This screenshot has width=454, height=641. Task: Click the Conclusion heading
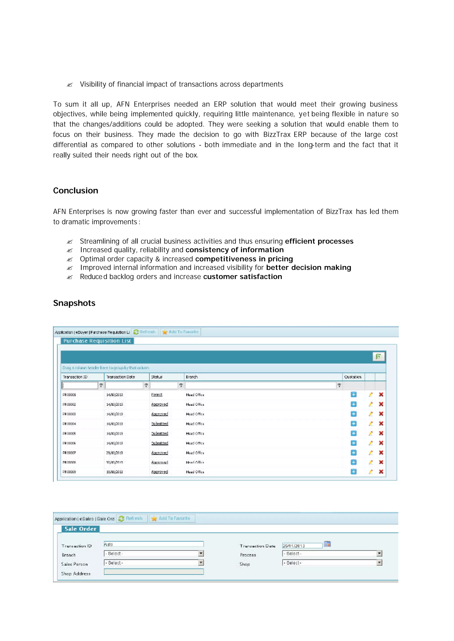click(x=75, y=191)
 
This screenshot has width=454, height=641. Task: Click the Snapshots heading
click(x=74, y=303)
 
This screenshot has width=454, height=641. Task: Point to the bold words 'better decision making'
click(x=308, y=267)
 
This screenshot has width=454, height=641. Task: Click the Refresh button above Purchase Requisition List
click(x=145, y=332)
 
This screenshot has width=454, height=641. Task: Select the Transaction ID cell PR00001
click(x=69, y=395)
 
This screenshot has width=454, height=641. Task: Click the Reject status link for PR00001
click(x=157, y=395)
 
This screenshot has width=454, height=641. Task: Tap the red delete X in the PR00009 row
click(x=381, y=472)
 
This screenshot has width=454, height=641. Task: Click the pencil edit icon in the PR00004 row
click(x=371, y=424)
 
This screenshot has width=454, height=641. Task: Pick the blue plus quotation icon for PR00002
click(x=353, y=404)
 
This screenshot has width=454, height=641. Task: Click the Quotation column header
click(x=352, y=377)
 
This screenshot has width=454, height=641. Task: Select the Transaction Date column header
click(x=121, y=377)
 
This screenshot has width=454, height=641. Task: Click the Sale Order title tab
click(x=80, y=529)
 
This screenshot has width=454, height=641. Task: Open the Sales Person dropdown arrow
click(x=201, y=563)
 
